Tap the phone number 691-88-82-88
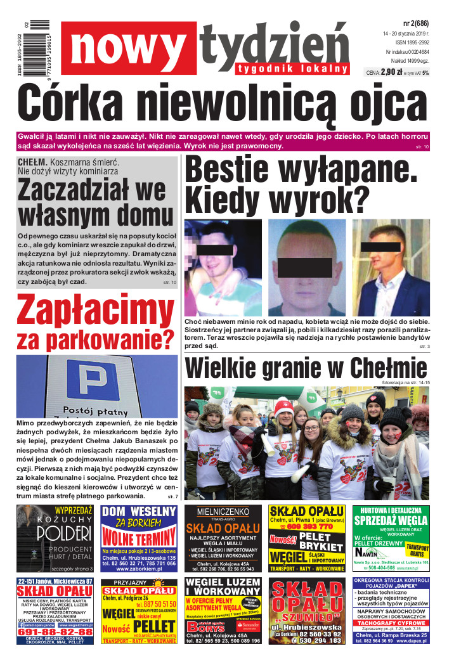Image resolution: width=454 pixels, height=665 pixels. [55, 632]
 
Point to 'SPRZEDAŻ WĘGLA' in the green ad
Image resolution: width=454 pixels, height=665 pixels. [390, 520]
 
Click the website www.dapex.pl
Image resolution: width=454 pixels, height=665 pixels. [407, 641]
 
